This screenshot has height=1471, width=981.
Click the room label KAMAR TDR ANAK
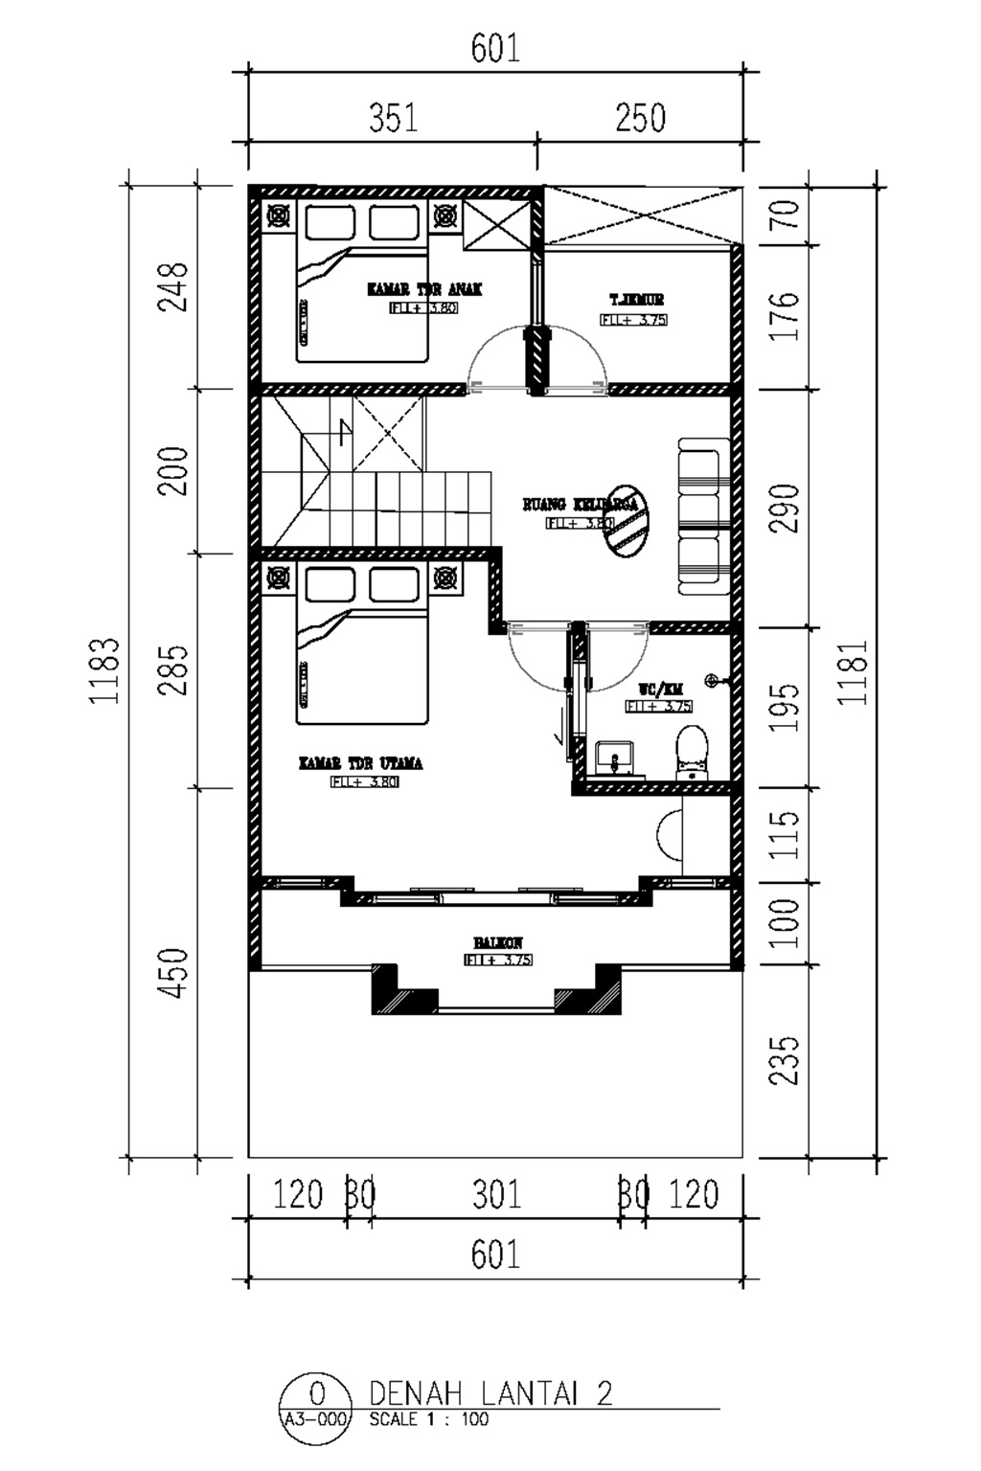[x=424, y=288]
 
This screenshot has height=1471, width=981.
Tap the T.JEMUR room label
[x=636, y=300]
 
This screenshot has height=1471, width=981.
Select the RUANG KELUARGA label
[x=579, y=504]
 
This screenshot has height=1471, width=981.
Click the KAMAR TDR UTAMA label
[x=360, y=763]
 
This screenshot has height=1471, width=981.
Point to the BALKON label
[x=498, y=943]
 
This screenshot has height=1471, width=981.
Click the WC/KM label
[x=660, y=690]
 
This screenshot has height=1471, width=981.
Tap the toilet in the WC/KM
[x=691, y=750]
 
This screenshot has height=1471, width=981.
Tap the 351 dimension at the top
[x=394, y=118]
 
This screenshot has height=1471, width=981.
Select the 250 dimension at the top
[x=640, y=118]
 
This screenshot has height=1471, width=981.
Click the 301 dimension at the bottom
[x=496, y=1194]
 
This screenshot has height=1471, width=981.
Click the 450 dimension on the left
[x=173, y=973]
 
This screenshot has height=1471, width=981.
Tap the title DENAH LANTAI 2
[x=490, y=1392]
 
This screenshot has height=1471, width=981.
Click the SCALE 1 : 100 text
[x=428, y=1419]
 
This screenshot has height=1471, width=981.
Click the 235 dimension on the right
[x=785, y=1059]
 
